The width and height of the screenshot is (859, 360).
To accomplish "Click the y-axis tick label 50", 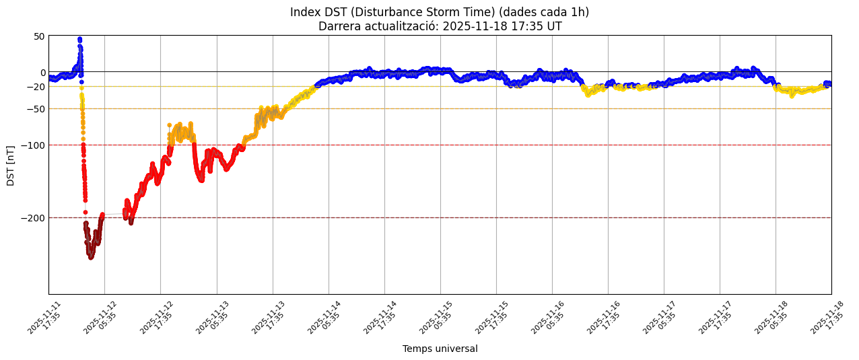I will pos(40,36).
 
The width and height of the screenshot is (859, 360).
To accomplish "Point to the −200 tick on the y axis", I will pos(33,218).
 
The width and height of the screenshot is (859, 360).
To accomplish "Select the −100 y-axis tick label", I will pos(33,145).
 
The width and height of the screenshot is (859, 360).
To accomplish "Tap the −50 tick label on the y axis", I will pos(35,109).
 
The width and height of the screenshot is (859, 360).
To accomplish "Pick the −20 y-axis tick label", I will pos(35,87).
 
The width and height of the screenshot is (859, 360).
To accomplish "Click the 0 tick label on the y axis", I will pos(43,73).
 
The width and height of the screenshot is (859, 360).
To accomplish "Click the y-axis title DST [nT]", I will pos(11,165).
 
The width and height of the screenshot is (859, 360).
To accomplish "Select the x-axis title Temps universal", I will pos(440,349).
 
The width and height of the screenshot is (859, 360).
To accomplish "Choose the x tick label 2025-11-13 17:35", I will pos(269,318).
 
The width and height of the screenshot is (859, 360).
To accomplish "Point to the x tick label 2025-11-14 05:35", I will pos(325,318).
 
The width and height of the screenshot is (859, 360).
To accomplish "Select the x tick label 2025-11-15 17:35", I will pos(493,318).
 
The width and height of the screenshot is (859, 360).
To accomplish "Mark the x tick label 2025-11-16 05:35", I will pos(549,318).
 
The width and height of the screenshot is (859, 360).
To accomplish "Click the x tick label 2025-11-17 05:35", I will pos(660,318).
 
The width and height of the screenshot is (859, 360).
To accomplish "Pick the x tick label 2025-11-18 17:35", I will pos(828,318).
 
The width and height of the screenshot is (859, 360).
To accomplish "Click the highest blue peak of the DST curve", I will pos(79,39).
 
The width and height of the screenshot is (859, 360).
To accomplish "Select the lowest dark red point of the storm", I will pos(91,257).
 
